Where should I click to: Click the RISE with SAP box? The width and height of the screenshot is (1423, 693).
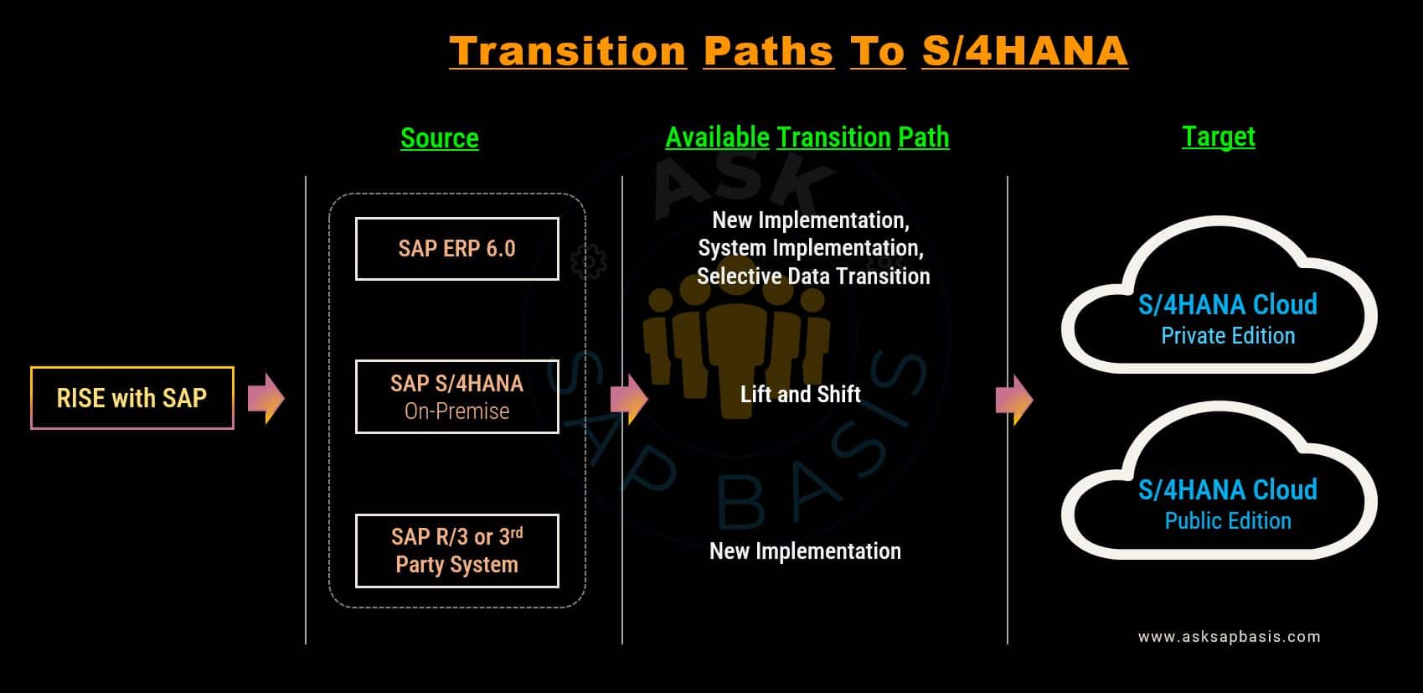[x=132, y=398]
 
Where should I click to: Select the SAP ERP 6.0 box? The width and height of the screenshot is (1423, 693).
[x=457, y=249]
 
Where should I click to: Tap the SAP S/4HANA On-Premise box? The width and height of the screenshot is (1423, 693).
[x=457, y=396]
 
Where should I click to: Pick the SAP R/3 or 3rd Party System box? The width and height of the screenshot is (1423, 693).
[x=457, y=551]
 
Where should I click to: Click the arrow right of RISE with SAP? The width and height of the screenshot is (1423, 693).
[x=266, y=398]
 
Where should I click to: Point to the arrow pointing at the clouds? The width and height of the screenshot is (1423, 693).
[x=1014, y=400]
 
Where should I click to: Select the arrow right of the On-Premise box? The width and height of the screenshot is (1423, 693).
[x=629, y=399]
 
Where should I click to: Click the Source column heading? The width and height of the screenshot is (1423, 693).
[x=440, y=138]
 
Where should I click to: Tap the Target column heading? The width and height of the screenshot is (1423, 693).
[x=1219, y=137]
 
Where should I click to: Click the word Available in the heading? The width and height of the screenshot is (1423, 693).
[x=717, y=137]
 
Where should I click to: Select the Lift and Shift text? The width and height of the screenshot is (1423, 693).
[x=801, y=394]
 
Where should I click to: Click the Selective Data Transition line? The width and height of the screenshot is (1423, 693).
[x=813, y=277]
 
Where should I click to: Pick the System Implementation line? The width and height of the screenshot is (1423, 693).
[x=811, y=248]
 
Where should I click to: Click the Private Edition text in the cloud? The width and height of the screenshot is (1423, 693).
[x=1228, y=336]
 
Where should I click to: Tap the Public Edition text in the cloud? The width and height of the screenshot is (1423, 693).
[x=1228, y=520]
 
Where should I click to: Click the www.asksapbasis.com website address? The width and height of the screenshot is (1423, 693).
[x=1230, y=636]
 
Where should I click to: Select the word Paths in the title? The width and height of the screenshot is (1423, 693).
[x=768, y=51]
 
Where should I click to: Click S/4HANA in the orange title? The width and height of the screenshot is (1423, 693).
[x=1024, y=51]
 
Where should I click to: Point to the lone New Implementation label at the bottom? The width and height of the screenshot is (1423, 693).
[x=805, y=551]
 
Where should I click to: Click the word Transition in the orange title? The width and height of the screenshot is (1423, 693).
[x=568, y=51]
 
